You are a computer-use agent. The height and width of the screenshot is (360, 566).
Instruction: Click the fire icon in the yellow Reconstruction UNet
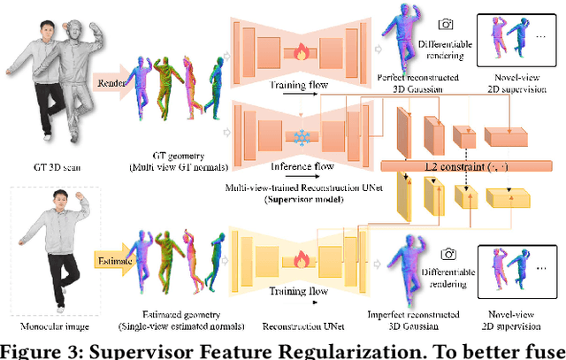pyautogui.click(x=301, y=257)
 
